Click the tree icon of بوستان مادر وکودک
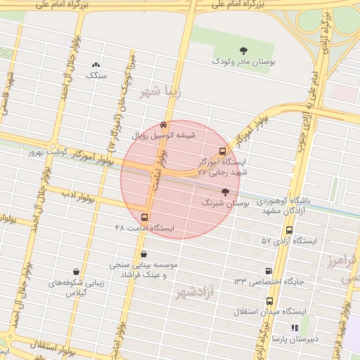(243, 50)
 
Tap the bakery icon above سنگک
(96, 65)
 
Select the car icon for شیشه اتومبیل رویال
(164, 124)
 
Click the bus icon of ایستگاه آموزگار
(223, 150)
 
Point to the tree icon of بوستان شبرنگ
(225, 191)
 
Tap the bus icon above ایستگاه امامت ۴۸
(145, 217)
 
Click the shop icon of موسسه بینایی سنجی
(144, 254)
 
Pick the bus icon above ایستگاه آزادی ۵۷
(289, 230)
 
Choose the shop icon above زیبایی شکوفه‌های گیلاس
(76, 271)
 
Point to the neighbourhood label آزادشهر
(193, 292)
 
